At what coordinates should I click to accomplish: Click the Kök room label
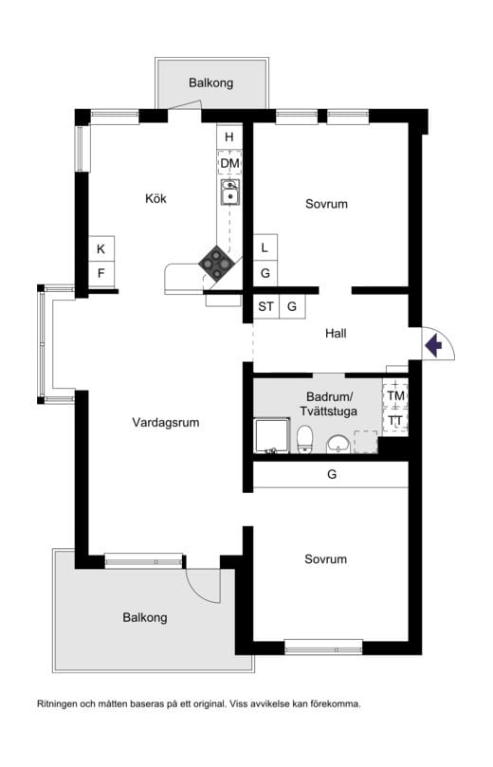coord(155,199)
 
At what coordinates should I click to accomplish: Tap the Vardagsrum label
coord(166,423)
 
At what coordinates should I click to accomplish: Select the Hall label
coord(336,333)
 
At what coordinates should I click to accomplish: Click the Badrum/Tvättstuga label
coord(329,403)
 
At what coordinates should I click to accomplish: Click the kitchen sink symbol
coord(229,193)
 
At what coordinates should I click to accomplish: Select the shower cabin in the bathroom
coord(271,437)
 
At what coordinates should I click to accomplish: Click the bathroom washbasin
coord(337,444)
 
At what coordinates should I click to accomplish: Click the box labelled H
coord(229,137)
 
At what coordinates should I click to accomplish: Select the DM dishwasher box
coord(229,163)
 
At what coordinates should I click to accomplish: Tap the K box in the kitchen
coord(100,249)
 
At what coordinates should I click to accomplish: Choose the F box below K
coord(100,274)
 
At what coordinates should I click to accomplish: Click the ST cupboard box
coord(265,306)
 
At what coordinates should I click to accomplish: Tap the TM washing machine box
coord(394,395)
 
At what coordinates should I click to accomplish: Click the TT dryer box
coord(394,420)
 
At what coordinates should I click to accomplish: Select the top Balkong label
coord(210,82)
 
